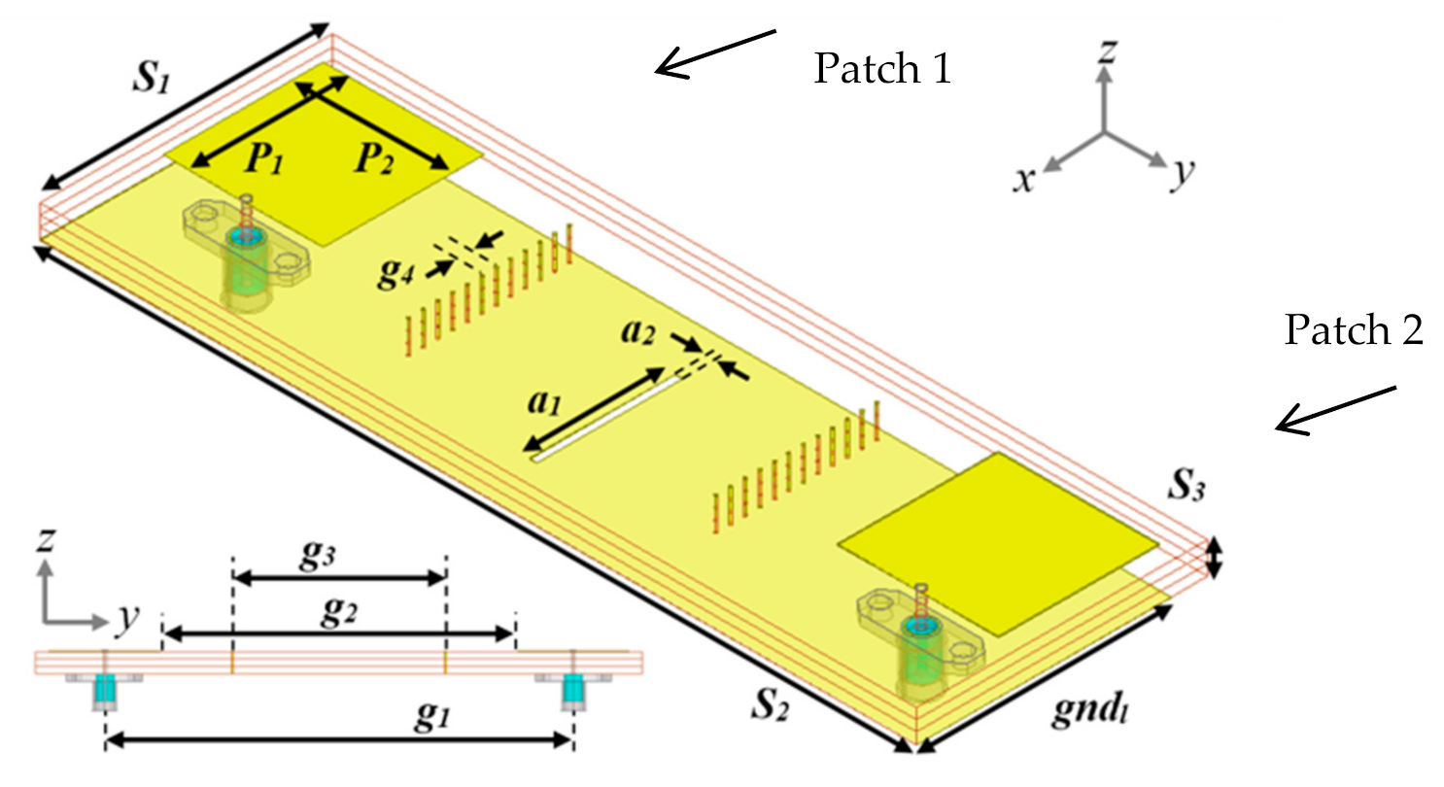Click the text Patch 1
tap(881, 69)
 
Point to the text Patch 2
tap(1354, 331)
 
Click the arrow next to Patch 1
tap(715, 52)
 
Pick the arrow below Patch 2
tap(1336, 410)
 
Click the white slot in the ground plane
tap(603, 419)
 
